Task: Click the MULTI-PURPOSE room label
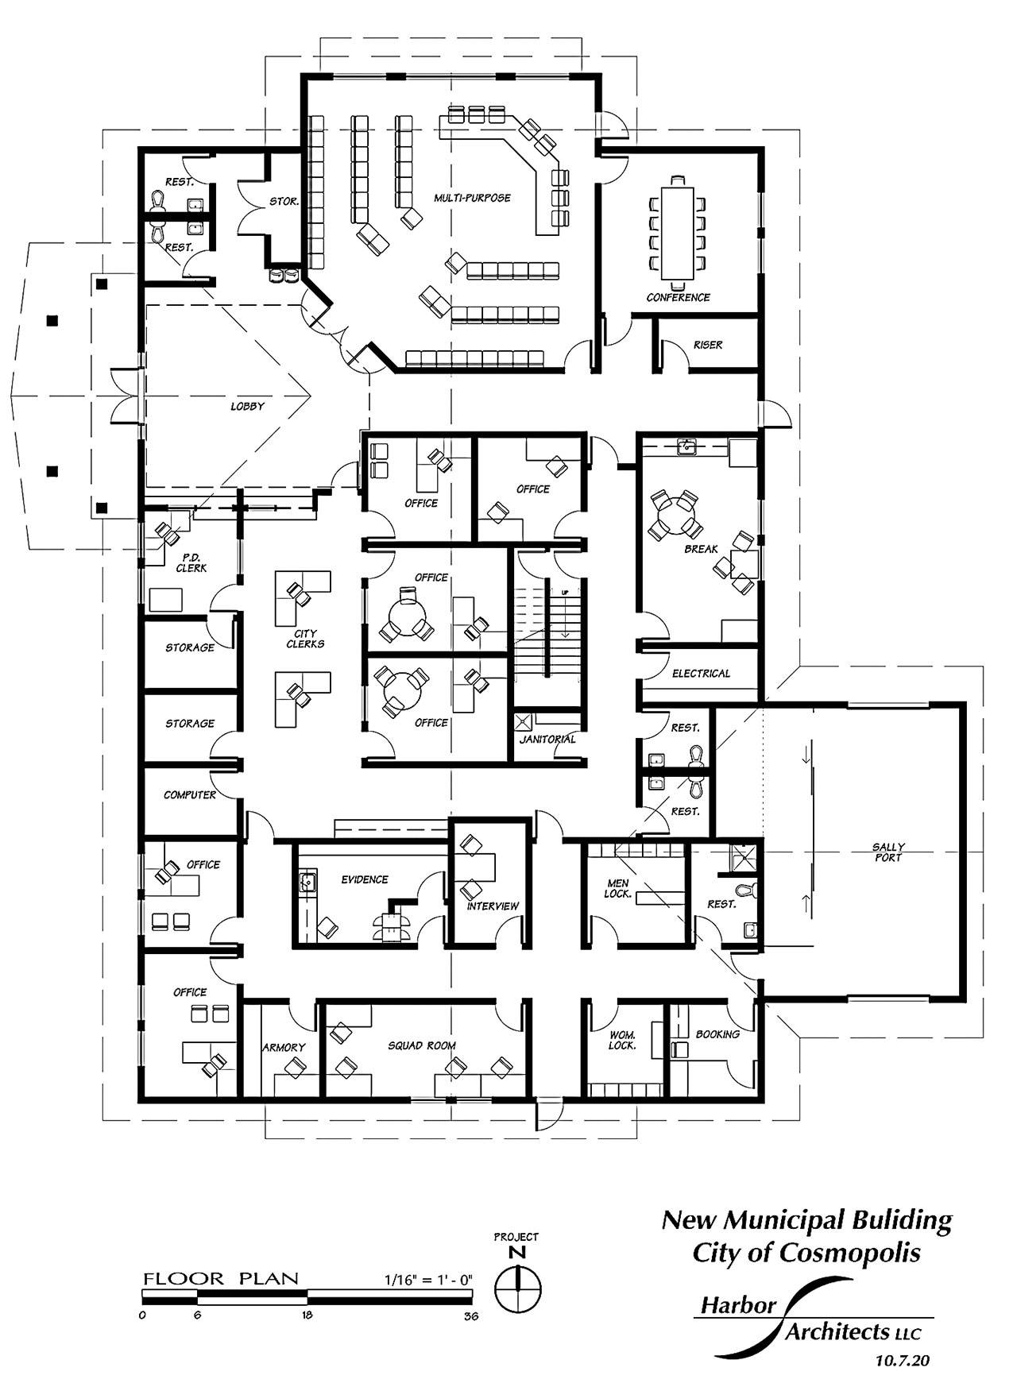pos(472,197)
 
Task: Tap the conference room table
pos(678,230)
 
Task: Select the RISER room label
pos(708,345)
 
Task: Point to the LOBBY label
pos(247,406)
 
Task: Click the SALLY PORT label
pos(888,852)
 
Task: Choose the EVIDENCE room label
pos(365,879)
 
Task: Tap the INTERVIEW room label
pos(493,906)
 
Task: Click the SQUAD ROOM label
pos(422,1045)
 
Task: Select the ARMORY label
pos(284,1048)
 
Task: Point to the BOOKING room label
pos(717,1034)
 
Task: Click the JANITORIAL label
pos(547,739)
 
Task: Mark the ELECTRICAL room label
pos(701,673)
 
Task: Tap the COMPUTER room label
pos(190,794)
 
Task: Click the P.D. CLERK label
pos(191,562)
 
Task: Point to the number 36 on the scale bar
pos(471,1316)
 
